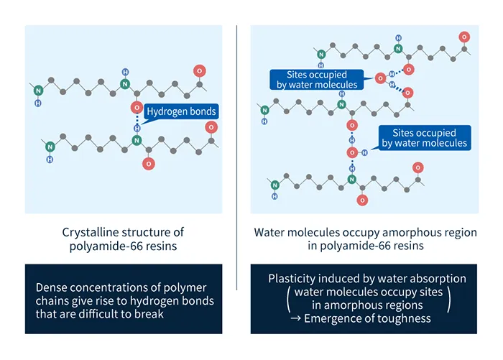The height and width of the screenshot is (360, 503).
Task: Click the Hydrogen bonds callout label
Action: (x=180, y=111)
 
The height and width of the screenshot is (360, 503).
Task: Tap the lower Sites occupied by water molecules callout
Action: (x=424, y=137)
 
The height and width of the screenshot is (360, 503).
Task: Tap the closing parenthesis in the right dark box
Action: (x=449, y=298)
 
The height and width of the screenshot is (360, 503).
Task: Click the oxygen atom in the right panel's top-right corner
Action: (x=465, y=37)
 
